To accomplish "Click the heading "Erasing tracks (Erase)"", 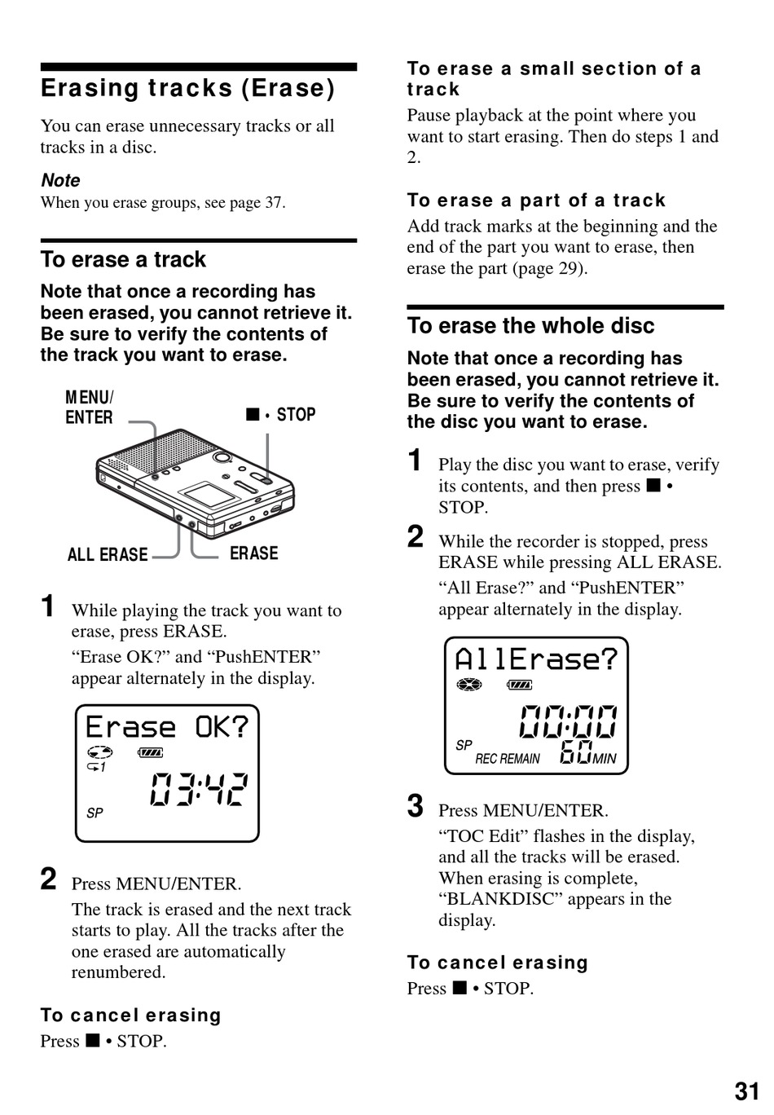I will tap(187, 88).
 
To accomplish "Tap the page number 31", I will tap(746, 1091).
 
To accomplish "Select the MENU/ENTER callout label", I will tap(90, 408).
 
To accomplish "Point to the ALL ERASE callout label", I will tap(108, 555).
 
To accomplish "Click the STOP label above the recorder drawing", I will tap(295, 415).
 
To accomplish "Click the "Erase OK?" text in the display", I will tap(167, 727).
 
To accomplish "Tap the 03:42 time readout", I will tap(199, 789).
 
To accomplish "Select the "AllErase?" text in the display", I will tap(536, 659).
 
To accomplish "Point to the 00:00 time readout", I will tap(568, 722).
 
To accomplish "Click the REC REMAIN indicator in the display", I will tap(508, 759).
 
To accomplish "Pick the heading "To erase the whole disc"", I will tap(530, 326).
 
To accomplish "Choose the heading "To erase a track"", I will tap(123, 260).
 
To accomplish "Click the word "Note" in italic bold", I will tap(60, 180).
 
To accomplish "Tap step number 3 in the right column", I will tap(416, 806).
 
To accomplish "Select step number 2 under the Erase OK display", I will tap(49, 879).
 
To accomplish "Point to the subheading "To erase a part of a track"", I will tap(536, 201).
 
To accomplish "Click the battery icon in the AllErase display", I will tap(519, 685).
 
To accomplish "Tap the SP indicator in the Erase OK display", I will tap(95, 813).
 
